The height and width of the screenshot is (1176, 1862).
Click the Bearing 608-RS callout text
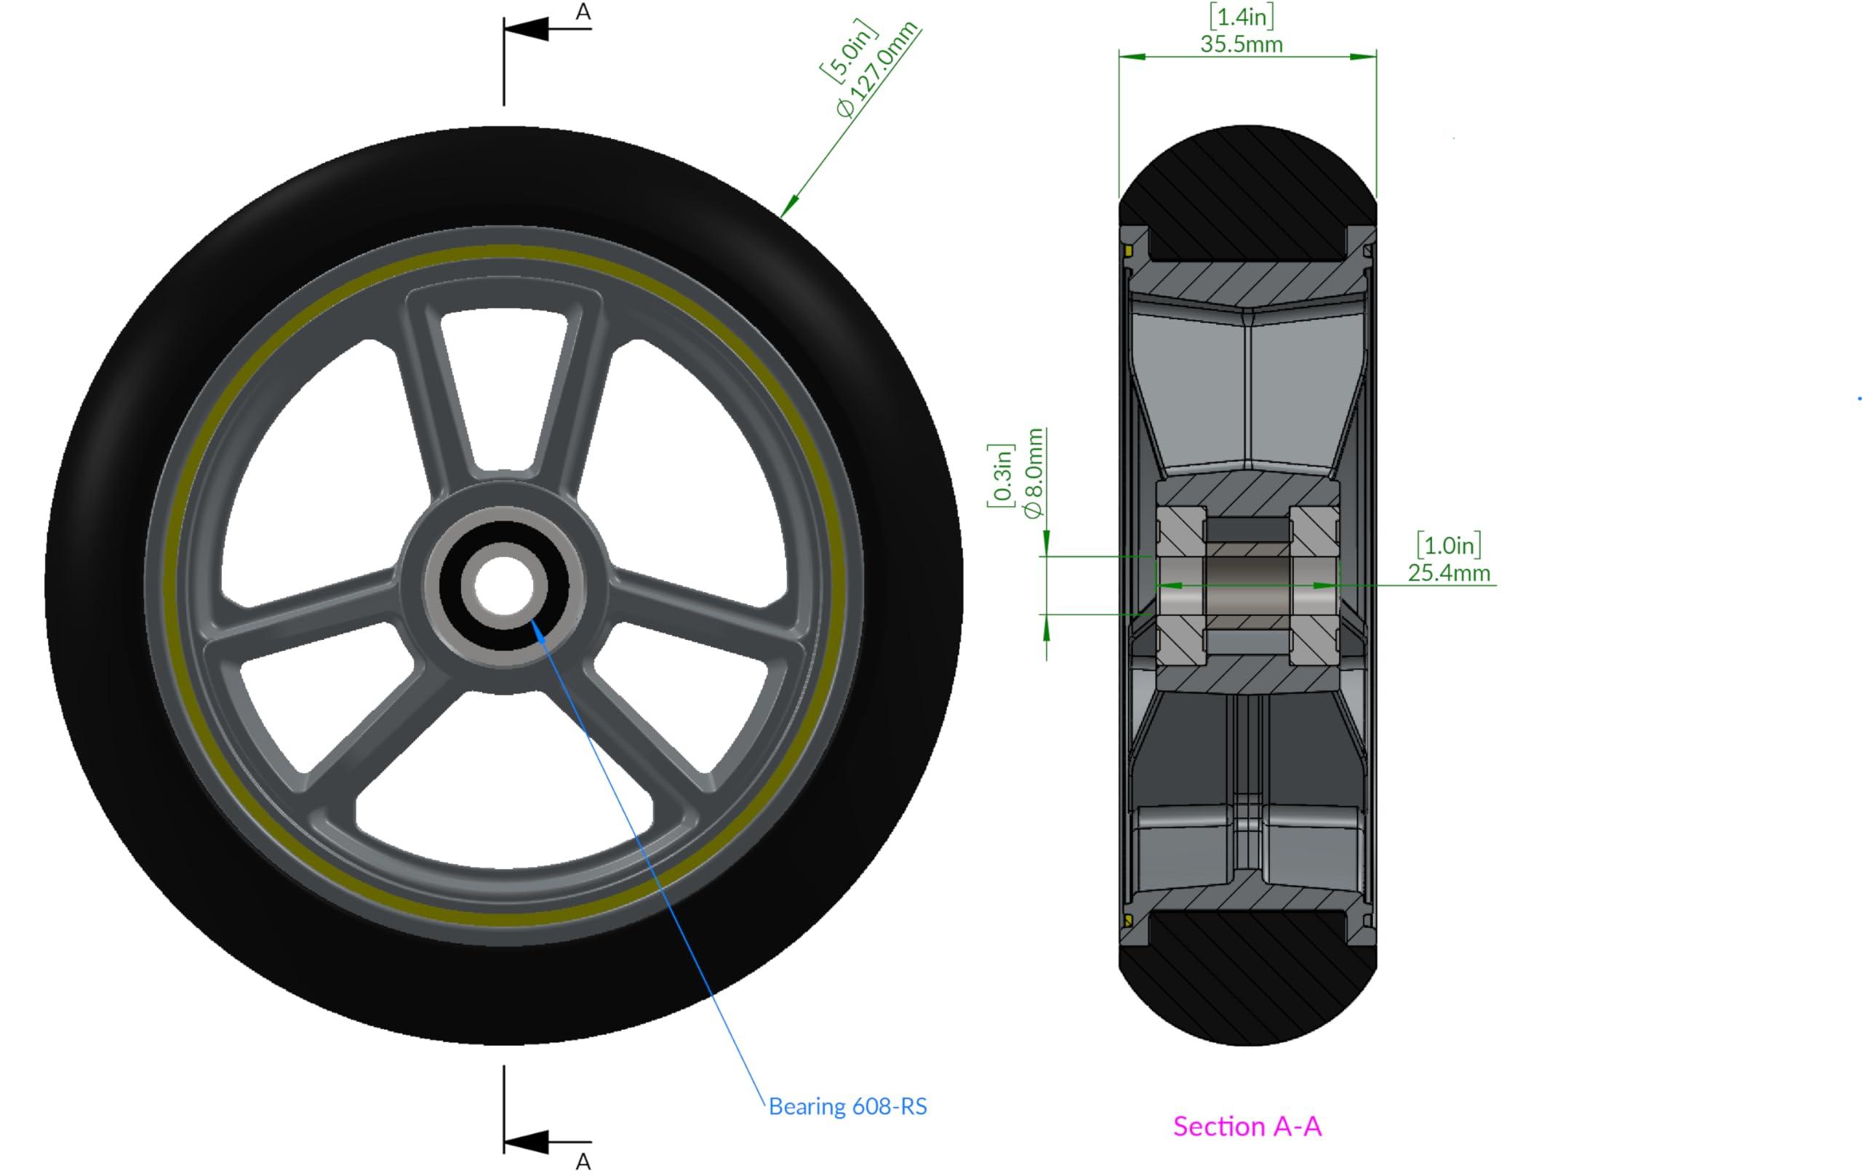tap(847, 1106)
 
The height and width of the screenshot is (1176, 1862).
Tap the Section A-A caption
tap(1247, 1127)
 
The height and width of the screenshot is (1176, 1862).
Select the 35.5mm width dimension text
tap(1241, 45)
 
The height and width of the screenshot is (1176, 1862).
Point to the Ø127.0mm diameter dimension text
tap(878, 71)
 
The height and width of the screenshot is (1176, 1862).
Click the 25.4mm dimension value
tap(1448, 573)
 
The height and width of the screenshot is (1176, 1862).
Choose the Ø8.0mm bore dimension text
tap(1034, 473)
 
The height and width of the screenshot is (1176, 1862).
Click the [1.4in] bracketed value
tap(1241, 17)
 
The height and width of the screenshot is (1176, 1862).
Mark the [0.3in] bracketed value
tap(1000, 476)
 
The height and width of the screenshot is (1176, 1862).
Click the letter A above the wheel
tap(583, 12)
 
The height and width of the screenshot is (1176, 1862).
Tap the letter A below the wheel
tap(583, 1161)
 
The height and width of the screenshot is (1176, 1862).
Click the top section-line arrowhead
tap(527, 29)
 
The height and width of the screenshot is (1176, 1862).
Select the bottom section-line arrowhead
tap(527, 1142)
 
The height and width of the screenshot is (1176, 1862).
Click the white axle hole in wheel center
tap(504, 585)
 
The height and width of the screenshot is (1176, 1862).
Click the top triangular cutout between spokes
tap(503, 387)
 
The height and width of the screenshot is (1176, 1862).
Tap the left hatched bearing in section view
tap(1180, 585)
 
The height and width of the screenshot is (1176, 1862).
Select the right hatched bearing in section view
tap(1314, 585)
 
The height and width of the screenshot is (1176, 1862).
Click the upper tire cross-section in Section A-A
tap(1247, 193)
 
